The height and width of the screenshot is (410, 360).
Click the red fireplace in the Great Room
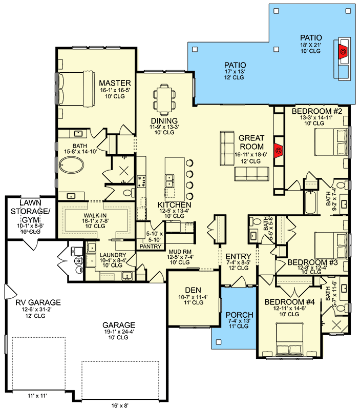coord(279,150)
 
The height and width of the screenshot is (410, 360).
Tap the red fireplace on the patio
coord(342,50)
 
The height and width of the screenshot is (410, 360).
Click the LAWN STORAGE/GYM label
coord(27,209)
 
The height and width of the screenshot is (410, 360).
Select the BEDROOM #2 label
coord(313,111)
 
